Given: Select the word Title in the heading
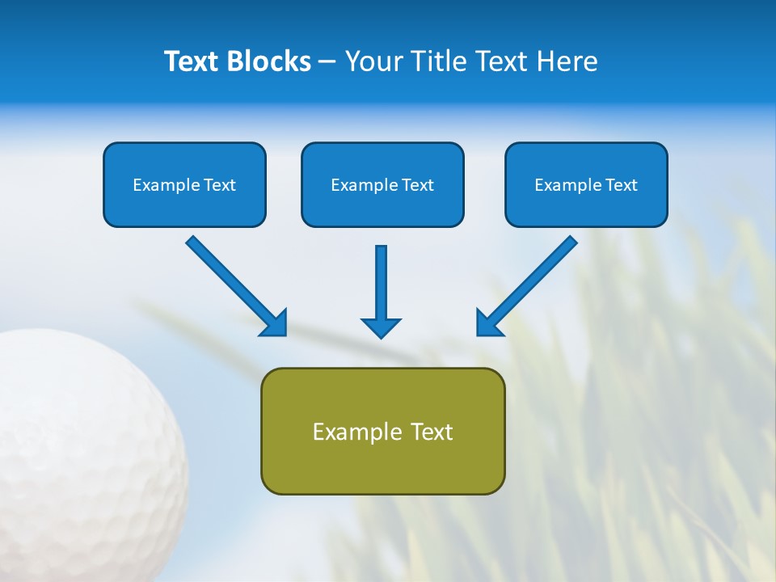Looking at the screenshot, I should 438,61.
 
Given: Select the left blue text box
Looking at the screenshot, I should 184,184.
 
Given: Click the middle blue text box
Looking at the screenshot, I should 382,184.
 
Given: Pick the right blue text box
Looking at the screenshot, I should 586,184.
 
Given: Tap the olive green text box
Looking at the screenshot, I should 382,431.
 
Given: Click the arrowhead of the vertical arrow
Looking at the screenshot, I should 381,327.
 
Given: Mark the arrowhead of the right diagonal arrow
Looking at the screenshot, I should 488,323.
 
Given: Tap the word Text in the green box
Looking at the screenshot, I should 432,432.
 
